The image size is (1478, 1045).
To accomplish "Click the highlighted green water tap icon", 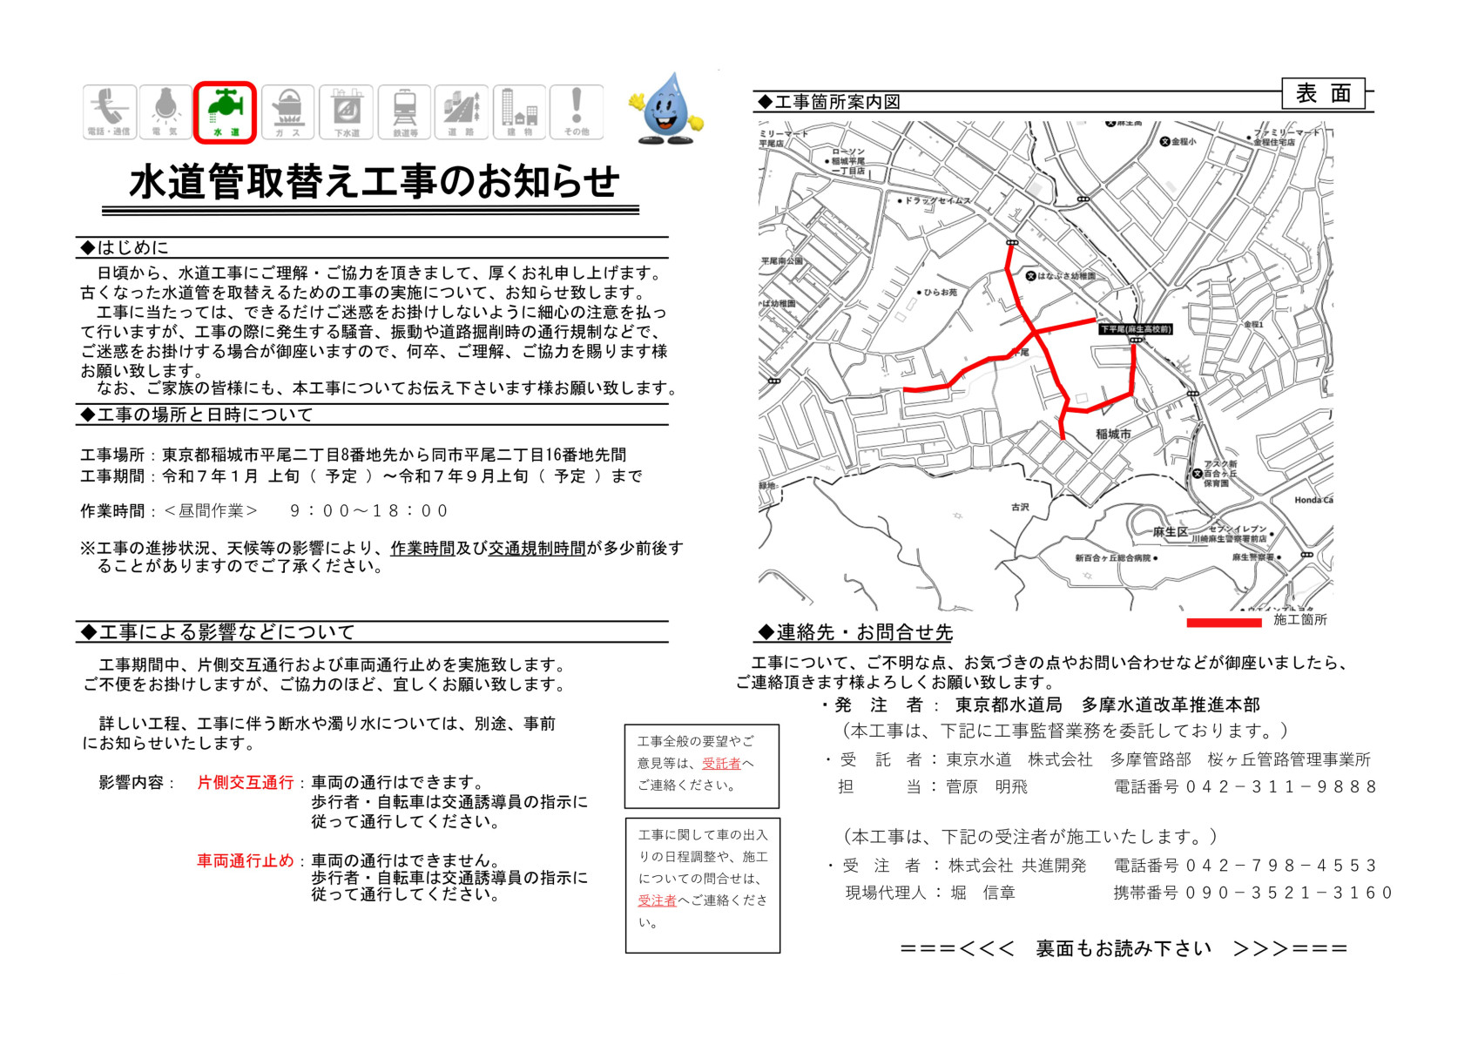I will click(225, 111).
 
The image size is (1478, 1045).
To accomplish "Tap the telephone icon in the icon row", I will click(110, 111).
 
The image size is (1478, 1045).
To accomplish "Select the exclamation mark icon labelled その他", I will click(576, 111).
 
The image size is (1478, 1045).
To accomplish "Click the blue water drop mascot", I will click(666, 109).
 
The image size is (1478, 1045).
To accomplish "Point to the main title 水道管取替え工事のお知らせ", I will click(374, 182).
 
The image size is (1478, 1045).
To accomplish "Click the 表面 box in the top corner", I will click(1323, 94).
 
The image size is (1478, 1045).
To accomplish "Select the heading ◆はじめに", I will click(125, 247).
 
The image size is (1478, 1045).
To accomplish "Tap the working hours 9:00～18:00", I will click(368, 511).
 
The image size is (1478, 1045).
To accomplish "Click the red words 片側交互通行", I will click(246, 783).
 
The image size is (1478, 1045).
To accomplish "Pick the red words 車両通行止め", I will click(246, 861).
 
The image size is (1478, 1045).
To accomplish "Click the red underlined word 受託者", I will click(721, 764).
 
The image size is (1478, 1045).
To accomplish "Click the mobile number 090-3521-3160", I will click(1288, 893).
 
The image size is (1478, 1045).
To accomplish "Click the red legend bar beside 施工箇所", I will click(1224, 622).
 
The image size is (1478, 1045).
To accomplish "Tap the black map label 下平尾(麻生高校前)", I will click(1135, 329).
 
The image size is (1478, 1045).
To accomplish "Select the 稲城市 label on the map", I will click(1113, 434).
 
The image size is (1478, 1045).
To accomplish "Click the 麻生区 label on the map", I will click(1170, 532).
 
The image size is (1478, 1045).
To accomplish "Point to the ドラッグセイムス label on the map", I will click(937, 201).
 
